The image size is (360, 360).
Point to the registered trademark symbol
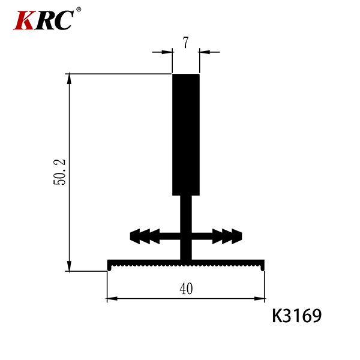[78, 10]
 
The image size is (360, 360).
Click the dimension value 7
[185, 43]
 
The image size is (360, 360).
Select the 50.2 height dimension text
[59, 172]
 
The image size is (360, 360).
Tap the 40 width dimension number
[186, 289]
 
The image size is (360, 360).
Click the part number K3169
[296, 316]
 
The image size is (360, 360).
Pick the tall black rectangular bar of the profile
[186, 135]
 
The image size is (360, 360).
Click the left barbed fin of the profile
[155, 236]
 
